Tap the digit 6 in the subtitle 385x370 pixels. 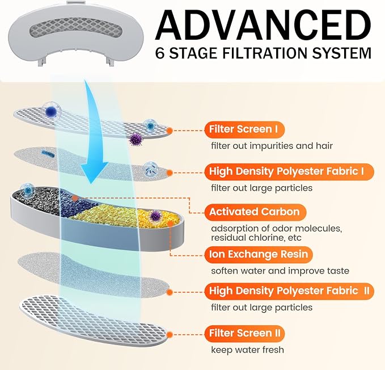(160, 53)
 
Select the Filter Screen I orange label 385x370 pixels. (244, 129)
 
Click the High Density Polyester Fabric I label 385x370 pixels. (289, 171)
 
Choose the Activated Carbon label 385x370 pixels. (255, 212)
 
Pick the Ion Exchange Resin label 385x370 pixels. (259, 255)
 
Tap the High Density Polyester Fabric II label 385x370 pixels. (289, 291)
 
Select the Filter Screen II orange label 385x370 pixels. (244, 334)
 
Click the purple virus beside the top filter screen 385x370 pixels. (136, 139)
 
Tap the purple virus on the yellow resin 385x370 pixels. (155, 216)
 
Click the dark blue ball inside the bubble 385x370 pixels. (51, 112)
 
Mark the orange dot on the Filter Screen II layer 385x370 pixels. (169, 335)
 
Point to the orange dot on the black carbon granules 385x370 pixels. (75, 198)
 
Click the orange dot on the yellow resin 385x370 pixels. (170, 224)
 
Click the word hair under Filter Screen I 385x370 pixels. (324, 146)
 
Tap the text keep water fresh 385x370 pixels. (247, 350)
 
